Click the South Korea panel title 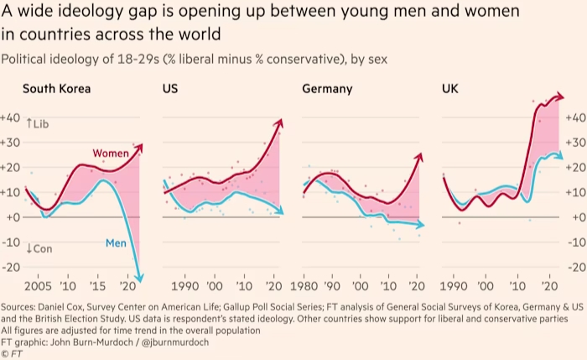[x=56, y=88]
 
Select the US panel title [x=169, y=88]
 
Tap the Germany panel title [x=327, y=88]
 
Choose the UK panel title [x=449, y=88]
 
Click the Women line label [x=111, y=154]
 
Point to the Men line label [x=116, y=243]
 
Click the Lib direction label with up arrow [x=39, y=123]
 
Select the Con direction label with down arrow [x=39, y=248]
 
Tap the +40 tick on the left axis [x=11, y=117]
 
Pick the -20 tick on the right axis [x=576, y=267]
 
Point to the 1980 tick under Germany [x=303, y=285]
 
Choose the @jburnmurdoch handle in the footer [x=176, y=342]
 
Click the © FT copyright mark [x=12, y=354]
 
